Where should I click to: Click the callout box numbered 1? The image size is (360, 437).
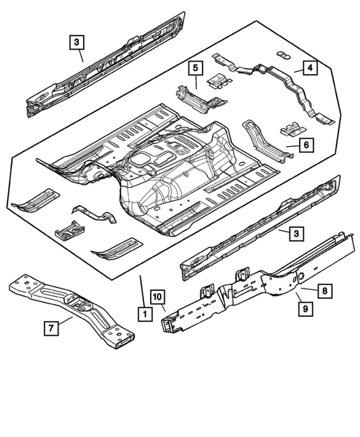coord(141,315)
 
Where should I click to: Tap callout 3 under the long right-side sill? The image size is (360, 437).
coord(296,234)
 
